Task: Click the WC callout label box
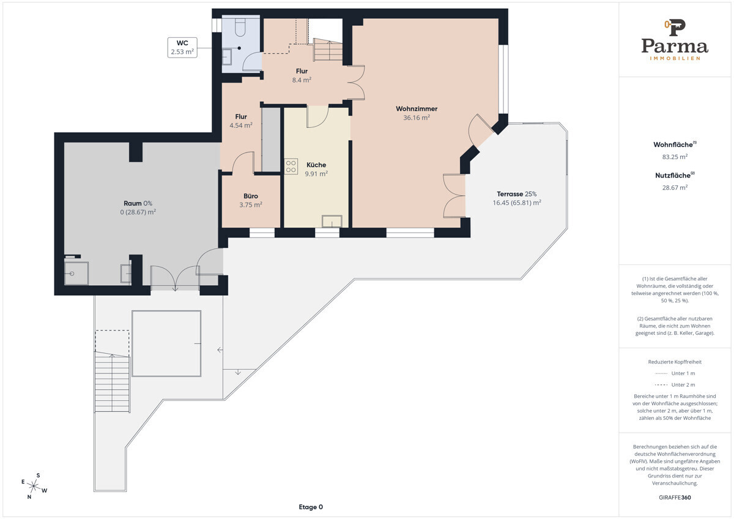coord(182,48)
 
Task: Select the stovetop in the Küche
coord(291,166)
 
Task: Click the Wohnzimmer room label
coord(417,108)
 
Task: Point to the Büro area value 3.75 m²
coord(251,205)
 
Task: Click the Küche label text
coord(316,165)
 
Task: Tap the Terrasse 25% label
coord(517,194)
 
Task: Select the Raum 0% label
coord(138,203)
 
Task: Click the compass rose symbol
coord(34,486)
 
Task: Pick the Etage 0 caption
coord(311,507)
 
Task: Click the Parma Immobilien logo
coord(675,40)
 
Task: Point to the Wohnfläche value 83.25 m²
coord(675,157)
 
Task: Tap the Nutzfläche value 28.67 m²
coord(675,187)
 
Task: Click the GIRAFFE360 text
coord(675,498)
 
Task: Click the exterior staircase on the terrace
coord(112,382)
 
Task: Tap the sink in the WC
coord(227,57)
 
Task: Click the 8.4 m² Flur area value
coord(302,80)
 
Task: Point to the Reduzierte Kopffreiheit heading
coord(675,362)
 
